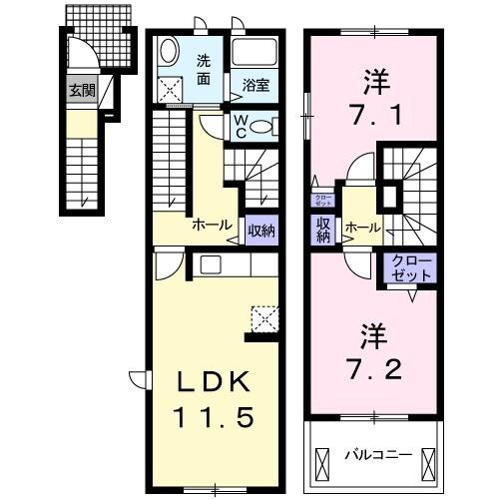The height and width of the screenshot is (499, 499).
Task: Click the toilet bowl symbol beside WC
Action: click(x=261, y=126)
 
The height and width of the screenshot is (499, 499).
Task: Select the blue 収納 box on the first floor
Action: click(x=261, y=230)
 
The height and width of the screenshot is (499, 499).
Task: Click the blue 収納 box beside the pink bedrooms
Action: click(x=323, y=231)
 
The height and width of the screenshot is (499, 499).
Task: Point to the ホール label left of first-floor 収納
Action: click(x=213, y=226)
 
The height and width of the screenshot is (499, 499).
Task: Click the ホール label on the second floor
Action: click(x=360, y=229)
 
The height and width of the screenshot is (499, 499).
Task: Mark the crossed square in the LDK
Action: click(x=263, y=317)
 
